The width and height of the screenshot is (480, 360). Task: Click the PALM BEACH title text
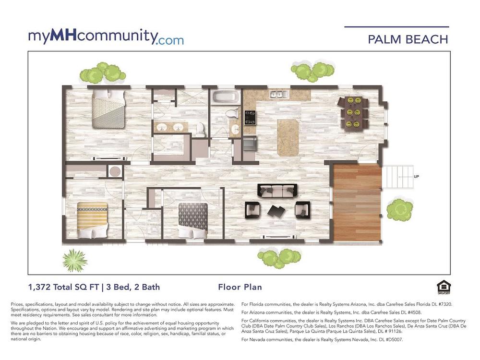pos(408,39)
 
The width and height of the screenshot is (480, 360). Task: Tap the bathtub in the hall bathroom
pos(226,97)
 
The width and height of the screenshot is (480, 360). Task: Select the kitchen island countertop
pos(288,137)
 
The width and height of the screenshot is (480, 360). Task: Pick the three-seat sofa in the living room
pos(277,191)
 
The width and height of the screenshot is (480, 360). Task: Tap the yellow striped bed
pos(92,220)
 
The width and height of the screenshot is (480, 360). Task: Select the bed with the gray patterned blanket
pos(193,220)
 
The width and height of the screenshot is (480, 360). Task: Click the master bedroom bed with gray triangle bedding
pos(108,108)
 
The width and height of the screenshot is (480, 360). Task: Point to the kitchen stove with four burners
pos(250,118)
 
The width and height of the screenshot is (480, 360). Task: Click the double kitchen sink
pos(278,94)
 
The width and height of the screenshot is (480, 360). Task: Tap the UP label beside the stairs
pos(416,177)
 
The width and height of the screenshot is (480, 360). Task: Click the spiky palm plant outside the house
pos(75,261)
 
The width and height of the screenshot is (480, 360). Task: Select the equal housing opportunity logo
pos(444,288)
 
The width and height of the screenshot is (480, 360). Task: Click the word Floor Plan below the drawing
pos(240,287)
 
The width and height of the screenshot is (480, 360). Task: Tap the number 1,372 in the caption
pos(39,287)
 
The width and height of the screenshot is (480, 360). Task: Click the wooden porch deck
pos(357,203)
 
